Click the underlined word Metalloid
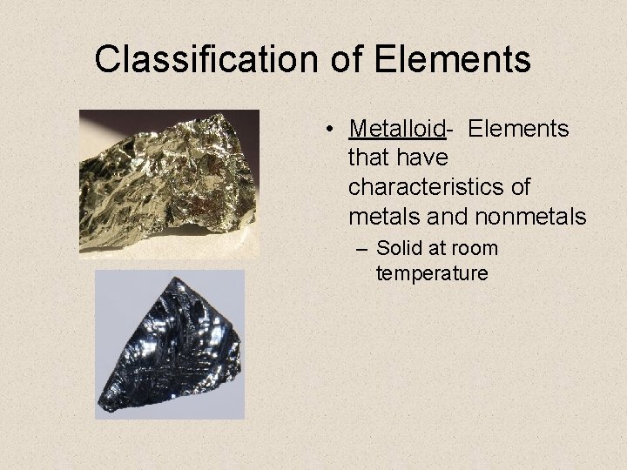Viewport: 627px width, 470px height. click(x=396, y=130)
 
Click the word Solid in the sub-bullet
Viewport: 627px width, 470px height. click(x=400, y=249)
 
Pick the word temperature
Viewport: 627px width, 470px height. click(x=432, y=273)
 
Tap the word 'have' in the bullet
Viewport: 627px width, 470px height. click(x=422, y=158)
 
